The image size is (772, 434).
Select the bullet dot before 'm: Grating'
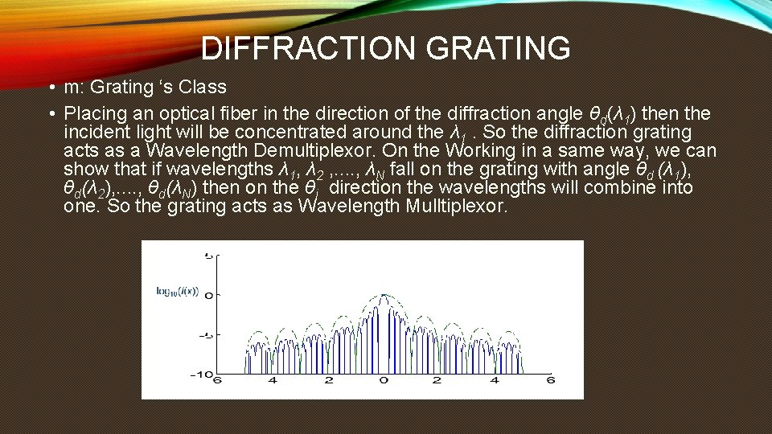click(x=50, y=88)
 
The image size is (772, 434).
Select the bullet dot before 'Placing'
click(x=50, y=113)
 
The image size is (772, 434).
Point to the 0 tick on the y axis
click(x=208, y=296)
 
